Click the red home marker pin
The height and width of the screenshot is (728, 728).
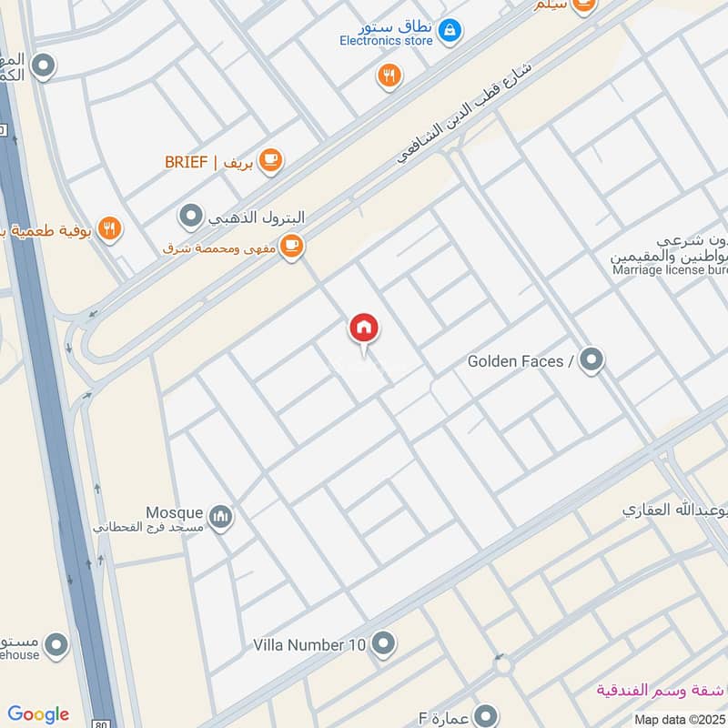[x=364, y=329]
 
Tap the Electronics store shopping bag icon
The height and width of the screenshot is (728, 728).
[x=449, y=32]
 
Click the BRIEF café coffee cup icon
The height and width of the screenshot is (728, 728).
[x=270, y=161]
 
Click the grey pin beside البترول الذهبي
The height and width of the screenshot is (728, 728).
[x=190, y=217]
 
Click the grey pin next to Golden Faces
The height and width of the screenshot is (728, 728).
[x=592, y=360]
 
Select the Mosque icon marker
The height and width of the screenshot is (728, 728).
[x=220, y=519]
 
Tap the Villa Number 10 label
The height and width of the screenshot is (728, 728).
[x=309, y=645]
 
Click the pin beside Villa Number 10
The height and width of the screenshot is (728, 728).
[x=383, y=644]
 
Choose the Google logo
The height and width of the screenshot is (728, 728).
[x=38, y=714]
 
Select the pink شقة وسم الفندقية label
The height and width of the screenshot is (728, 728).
[x=662, y=689]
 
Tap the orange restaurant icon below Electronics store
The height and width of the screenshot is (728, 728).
[x=389, y=76]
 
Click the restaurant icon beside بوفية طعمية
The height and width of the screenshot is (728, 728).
[x=109, y=229]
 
